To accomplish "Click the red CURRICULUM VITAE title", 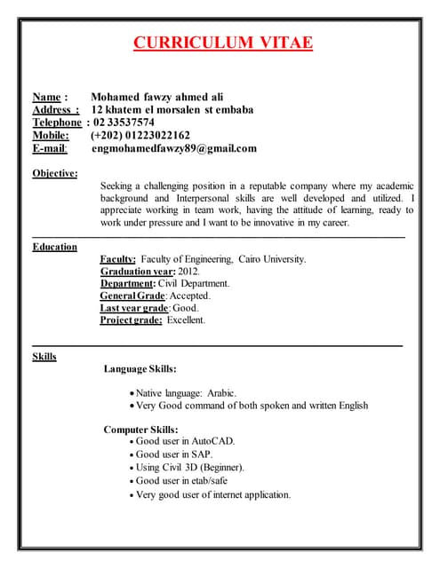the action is coord(223,43).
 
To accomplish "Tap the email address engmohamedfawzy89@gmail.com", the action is coord(173,149).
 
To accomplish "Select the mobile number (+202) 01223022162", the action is coord(140,136).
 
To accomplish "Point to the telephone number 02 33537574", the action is coord(124,122).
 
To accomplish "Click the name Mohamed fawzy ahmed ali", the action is coord(157,97).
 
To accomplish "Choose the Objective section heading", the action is coord(55,173).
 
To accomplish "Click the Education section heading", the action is coord(54,247).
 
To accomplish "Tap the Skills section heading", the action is coord(44,357).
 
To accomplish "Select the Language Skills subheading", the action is coord(140,368).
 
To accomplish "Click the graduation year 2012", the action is coord(188,272).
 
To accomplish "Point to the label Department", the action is coord(128,284).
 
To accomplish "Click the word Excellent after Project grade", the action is coord(186,320).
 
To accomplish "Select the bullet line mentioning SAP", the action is coord(174,454).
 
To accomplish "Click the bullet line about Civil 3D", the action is coord(190,468).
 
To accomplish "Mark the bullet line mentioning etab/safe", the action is coord(182,481).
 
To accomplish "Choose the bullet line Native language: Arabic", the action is coord(186,392).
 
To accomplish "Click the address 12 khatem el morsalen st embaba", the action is coord(172,110).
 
